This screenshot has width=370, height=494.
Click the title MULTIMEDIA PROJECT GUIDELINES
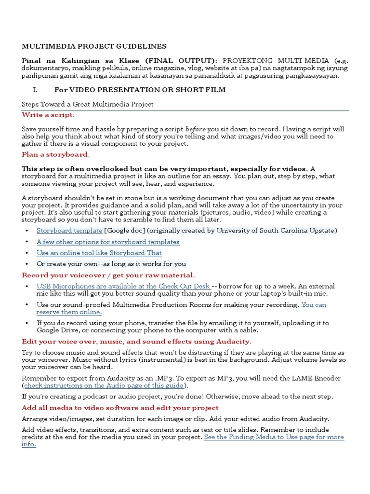[94, 46]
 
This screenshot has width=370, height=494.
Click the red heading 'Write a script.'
[48, 115]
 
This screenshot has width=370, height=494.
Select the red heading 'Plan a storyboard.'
[55, 154]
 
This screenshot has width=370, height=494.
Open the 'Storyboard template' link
[69, 231]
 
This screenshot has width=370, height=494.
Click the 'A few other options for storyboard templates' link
[108, 242]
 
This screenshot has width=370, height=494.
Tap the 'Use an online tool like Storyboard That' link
[99, 253]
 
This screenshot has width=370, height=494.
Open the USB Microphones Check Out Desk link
[123, 287]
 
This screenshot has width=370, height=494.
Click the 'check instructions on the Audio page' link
[104, 385]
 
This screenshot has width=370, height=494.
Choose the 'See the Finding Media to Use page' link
[274, 437]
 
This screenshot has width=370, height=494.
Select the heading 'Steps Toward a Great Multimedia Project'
[88, 104]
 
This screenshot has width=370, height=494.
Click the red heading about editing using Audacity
[136, 342]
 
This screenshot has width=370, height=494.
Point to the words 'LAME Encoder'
[317, 378]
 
